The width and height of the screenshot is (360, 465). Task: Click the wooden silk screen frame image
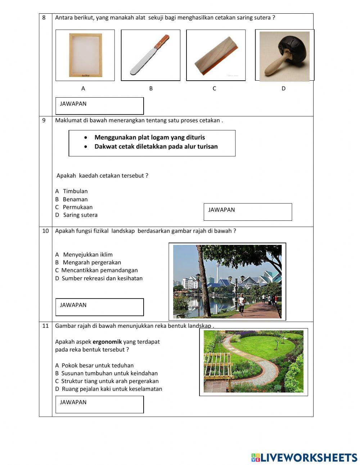click(x=85, y=55)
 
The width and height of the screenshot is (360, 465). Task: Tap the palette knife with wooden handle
click(x=150, y=55)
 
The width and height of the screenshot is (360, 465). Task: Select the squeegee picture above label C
click(x=216, y=55)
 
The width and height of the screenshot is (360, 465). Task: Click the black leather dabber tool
click(x=285, y=55)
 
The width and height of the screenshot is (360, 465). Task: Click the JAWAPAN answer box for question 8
click(x=100, y=106)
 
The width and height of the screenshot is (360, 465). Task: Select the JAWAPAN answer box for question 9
click(x=248, y=212)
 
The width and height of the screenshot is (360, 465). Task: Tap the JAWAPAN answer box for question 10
click(x=100, y=307)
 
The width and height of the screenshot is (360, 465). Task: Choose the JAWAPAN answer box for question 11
click(x=100, y=404)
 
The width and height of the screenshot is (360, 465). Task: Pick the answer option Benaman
click(x=75, y=199)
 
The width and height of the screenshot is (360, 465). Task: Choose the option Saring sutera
click(x=80, y=215)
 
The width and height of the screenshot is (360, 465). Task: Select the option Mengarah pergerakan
click(x=92, y=263)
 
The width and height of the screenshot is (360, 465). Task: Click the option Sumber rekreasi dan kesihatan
click(x=102, y=278)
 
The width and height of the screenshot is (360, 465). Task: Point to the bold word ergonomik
click(x=107, y=342)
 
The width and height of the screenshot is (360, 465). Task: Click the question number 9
click(x=44, y=120)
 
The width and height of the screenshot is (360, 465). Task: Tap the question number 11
click(x=45, y=326)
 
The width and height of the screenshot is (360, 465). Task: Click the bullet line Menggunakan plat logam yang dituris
click(x=149, y=137)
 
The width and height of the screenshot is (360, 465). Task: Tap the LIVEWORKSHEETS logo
click(x=304, y=457)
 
